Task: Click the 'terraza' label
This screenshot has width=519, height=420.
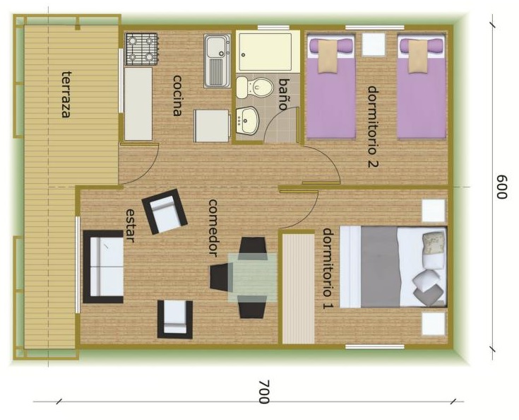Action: click(x=66, y=95)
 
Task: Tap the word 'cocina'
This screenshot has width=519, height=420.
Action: click(x=177, y=95)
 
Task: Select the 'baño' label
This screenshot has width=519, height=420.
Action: click(x=283, y=94)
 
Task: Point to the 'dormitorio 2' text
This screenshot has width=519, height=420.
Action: click(x=373, y=127)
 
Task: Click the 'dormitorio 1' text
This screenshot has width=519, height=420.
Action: click(x=328, y=268)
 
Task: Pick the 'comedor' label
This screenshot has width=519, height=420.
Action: click(x=213, y=228)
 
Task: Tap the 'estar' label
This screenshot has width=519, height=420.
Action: click(x=130, y=226)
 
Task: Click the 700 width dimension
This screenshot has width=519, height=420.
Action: click(x=264, y=392)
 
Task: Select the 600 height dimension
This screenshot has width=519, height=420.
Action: click(x=502, y=187)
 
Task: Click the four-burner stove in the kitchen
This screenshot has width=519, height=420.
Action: click(x=141, y=49)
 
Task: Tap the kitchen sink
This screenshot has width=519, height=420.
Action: click(x=217, y=61)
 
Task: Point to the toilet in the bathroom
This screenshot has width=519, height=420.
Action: click(x=254, y=88)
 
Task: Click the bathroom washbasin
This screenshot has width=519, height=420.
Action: click(x=247, y=120)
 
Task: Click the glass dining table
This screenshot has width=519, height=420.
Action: click(x=253, y=277)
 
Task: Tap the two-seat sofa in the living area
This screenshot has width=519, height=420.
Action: click(x=103, y=267)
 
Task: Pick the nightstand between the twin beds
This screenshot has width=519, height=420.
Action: click(x=374, y=44)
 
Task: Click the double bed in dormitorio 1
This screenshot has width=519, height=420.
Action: click(x=393, y=267)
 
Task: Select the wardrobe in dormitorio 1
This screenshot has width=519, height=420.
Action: click(x=298, y=288)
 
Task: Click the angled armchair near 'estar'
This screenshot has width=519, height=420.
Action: click(x=165, y=211)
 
